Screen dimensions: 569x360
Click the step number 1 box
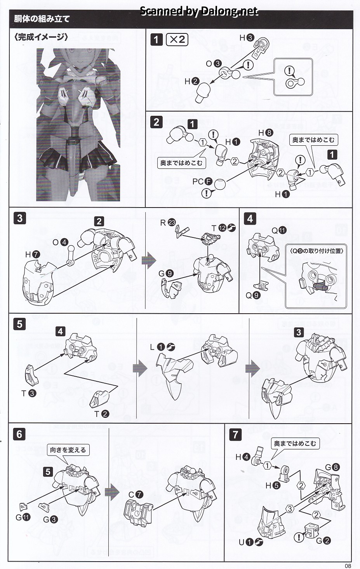point(156,39)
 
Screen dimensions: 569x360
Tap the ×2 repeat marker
point(177,39)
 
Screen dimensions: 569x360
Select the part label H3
point(246,38)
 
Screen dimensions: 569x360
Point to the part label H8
point(266,133)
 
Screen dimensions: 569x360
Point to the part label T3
point(28,393)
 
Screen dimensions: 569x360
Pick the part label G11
point(23,517)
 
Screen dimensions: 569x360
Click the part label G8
point(332,468)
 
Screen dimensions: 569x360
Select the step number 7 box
point(235,434)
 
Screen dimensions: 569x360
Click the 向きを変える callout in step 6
point(68,450)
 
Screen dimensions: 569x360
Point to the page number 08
point(347,566)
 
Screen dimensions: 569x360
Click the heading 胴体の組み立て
point(42,19)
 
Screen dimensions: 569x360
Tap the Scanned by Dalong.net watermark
point(198,11)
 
